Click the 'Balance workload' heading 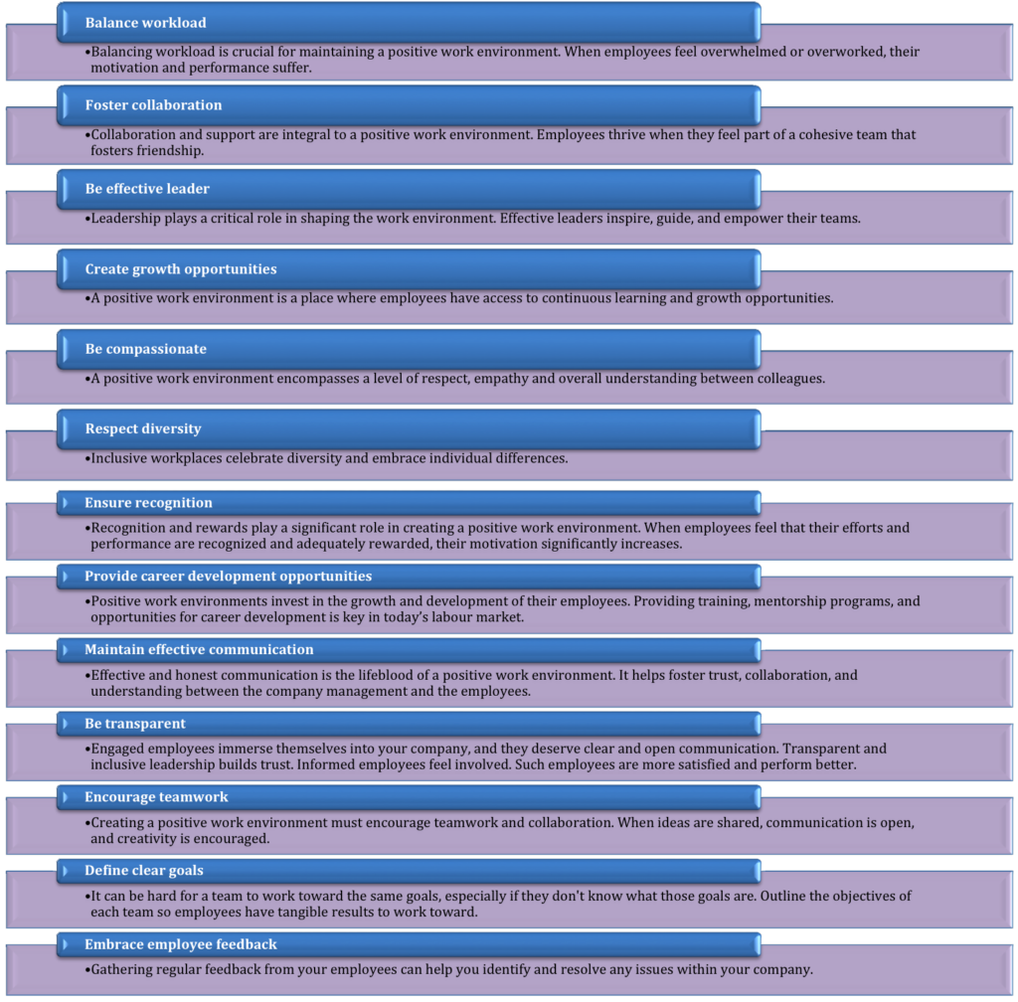coord(145,22)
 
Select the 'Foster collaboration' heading coord(153,104)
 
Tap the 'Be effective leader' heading coord(147,188)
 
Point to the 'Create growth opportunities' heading coord(180,269)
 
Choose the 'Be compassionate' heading coord(145,349)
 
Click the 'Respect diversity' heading coord(142,428)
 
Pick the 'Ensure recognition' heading coord(148,502)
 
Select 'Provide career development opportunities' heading coord(228,576)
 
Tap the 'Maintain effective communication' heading coord(199,649)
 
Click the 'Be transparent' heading coord(134,723)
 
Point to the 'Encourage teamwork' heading coord(156,796)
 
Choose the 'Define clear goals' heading coord(143,870)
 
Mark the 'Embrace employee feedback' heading coord(180,943)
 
